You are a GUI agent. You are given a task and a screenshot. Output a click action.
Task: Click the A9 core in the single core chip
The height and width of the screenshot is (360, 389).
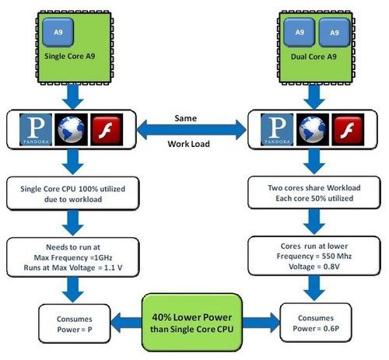click(58, 33)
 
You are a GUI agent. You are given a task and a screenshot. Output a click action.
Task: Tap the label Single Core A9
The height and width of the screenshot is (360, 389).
click(70, 56)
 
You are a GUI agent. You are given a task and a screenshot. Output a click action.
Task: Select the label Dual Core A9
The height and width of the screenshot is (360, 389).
click(314, 57)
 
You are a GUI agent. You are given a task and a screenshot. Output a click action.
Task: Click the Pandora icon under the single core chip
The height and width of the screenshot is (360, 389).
click(36, 129)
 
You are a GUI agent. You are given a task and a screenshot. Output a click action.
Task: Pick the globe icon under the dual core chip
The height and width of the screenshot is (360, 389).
click(313, 129)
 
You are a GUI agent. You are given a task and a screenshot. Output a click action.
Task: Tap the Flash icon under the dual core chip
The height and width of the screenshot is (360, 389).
click(348, 129)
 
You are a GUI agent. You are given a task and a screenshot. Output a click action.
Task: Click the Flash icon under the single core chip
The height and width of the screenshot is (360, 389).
click(107, 129)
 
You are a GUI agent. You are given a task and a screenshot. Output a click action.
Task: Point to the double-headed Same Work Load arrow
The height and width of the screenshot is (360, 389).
click(191, 130)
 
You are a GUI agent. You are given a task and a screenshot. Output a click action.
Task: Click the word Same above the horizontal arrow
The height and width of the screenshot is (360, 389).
click(186, 118)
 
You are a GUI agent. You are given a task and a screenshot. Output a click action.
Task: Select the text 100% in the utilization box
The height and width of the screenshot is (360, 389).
click(88, 189)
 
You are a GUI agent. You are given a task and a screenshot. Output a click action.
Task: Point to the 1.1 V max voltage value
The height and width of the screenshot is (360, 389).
click(114, 267)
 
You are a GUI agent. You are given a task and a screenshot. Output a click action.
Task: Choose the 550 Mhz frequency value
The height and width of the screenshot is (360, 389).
click(337, 257)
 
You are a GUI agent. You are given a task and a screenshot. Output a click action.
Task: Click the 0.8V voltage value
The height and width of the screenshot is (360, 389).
click(331, 267)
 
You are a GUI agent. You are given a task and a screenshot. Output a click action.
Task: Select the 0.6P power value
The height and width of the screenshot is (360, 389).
click(331, 329)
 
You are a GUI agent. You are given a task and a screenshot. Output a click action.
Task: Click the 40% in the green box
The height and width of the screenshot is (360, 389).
click(161, 317)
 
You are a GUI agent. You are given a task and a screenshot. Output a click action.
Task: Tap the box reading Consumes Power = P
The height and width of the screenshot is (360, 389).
click(75, 323)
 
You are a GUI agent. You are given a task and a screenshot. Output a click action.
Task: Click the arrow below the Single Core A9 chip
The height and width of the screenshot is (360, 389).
click(73, 96)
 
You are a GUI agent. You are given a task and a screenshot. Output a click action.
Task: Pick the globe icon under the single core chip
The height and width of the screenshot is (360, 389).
click(71, 129)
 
